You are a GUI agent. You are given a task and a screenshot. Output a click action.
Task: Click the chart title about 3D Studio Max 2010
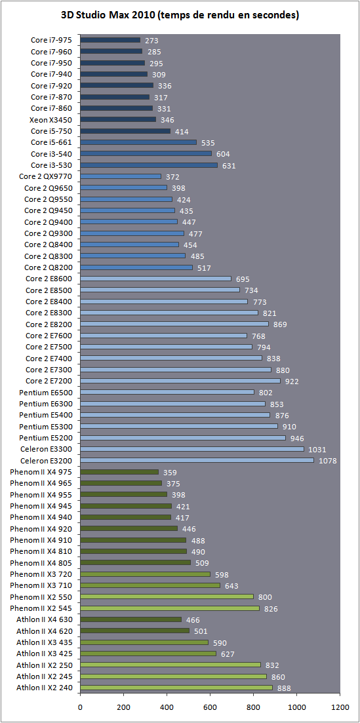pyautogui.click(x=180, y=15)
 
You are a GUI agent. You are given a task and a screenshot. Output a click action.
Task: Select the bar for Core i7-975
pyautogui.click(x=110, y=40)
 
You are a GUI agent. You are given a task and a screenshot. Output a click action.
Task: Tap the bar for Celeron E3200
pyautogui.click(x=197, y=460)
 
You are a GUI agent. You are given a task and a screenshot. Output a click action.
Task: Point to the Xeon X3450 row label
pyautogui.click(x=54, y=119)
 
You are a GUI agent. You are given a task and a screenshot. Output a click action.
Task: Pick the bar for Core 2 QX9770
pyautogui.click(x=121, y=176)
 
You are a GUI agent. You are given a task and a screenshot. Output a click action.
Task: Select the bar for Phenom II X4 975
pyautogui.click(x=119, y=472)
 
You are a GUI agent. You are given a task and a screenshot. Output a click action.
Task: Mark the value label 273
pyautogui.click(x=152, y=40)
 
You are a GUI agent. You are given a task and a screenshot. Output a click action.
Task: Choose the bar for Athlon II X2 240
pyautogui.click(x=176, y=688)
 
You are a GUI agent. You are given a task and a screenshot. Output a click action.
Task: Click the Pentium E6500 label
pyautogui.click(x=49, y=393)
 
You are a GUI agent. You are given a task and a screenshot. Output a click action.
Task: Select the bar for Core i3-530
pyautogui.click(x=149, y=165)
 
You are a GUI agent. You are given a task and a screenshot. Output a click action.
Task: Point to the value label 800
pyautogui.click(x=265, y=597)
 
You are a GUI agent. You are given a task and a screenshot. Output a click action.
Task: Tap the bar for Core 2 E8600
pyautogui.click(x=155, y=279)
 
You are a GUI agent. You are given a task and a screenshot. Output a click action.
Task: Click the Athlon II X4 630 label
pyautogui.click(x=47, y=619)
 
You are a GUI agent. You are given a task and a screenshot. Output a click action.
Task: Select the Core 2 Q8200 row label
pyautogui.click(x=52, y=267)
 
